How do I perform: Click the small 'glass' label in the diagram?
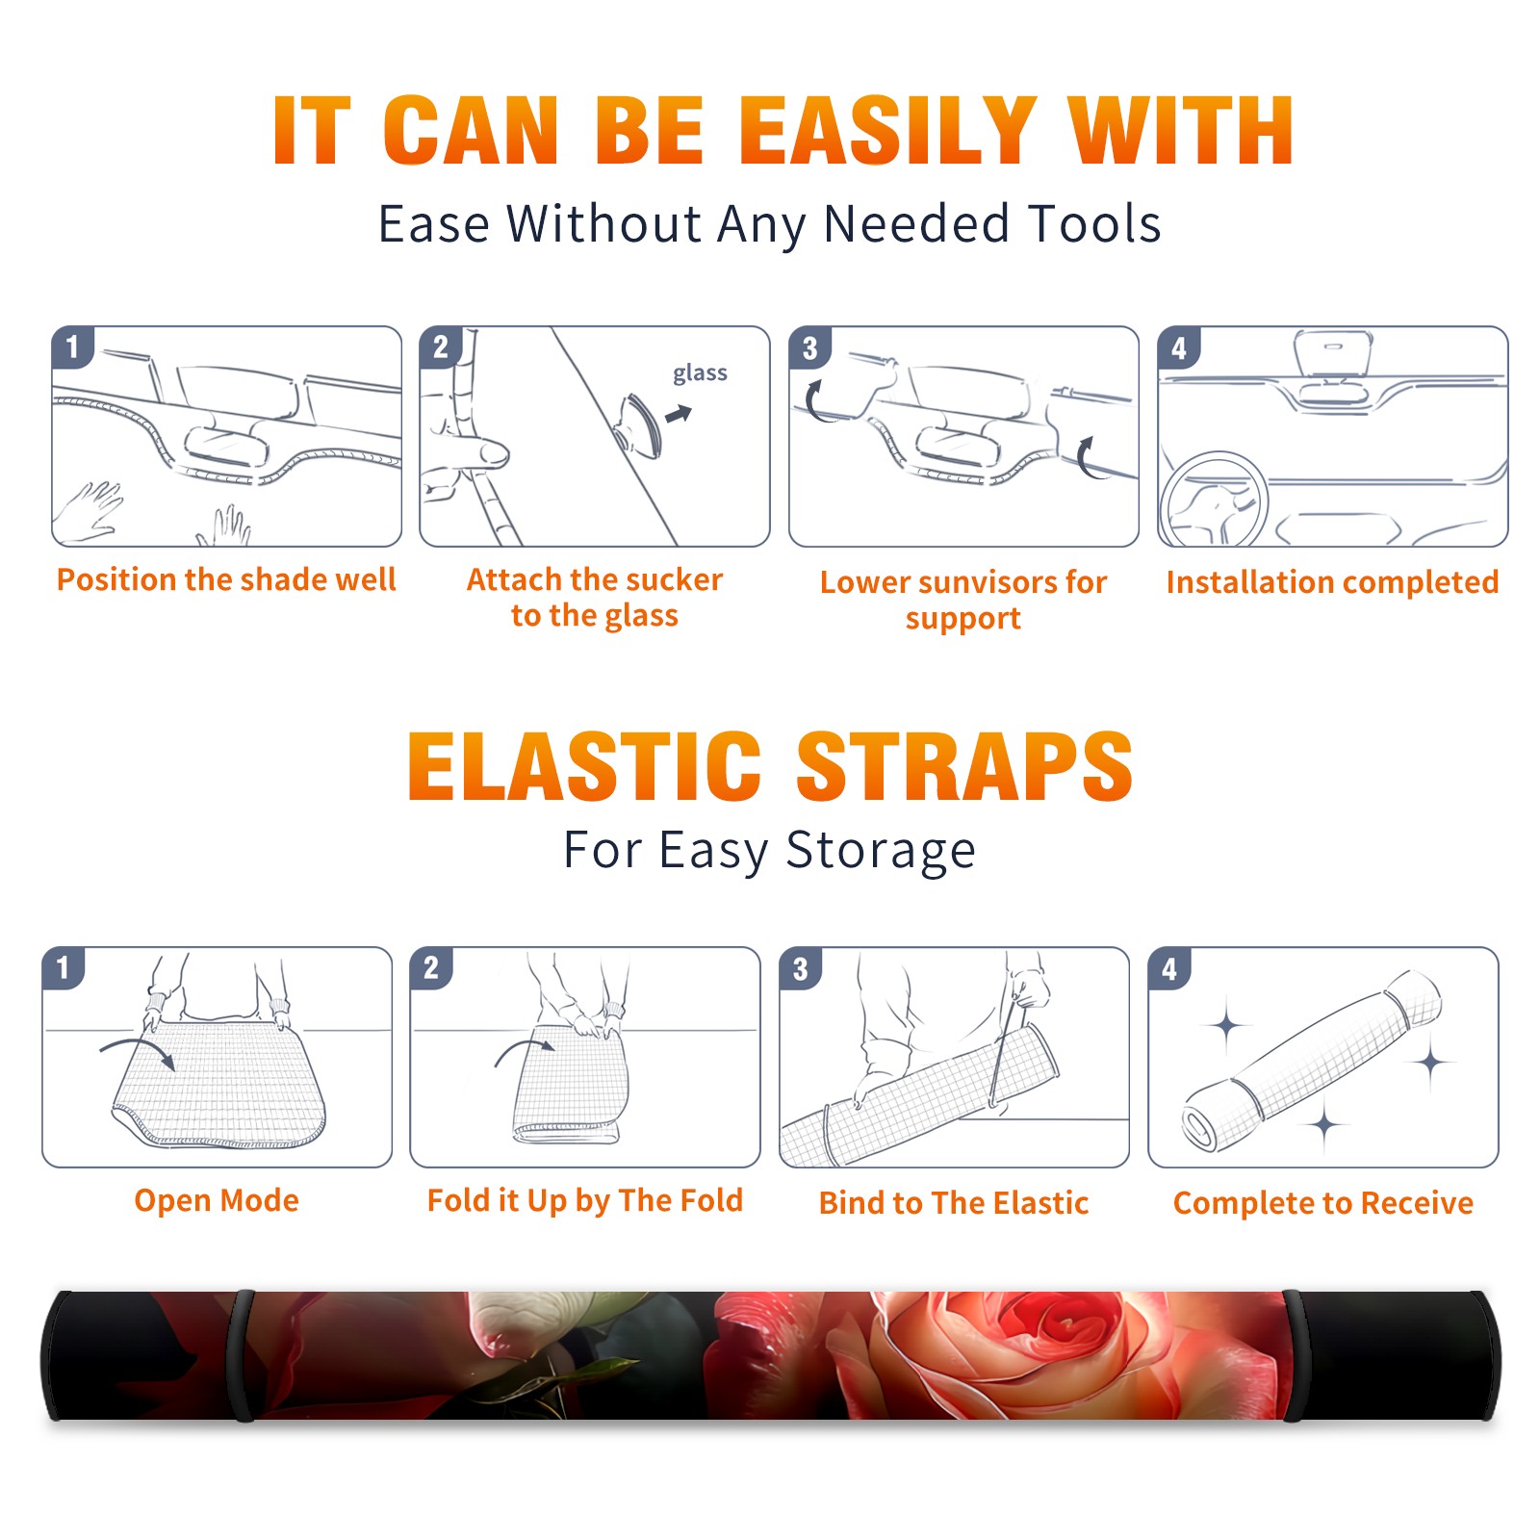point(700,373)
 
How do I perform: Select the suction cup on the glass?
point(638,424)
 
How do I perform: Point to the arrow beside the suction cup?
point(679,414)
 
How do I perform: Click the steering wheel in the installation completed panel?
point(1214,500)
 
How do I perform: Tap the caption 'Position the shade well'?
point(226,579)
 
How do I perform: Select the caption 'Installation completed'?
point(1332,582)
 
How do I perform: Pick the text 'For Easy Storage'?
point(770,851)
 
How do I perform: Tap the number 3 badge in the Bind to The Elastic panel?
point(800,969)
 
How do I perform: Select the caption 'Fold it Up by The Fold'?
point(585,1201)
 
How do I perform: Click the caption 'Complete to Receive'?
point(1323,1203)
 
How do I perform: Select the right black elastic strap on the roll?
point(1294,1355)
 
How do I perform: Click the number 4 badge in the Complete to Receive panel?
point(1169,969)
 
